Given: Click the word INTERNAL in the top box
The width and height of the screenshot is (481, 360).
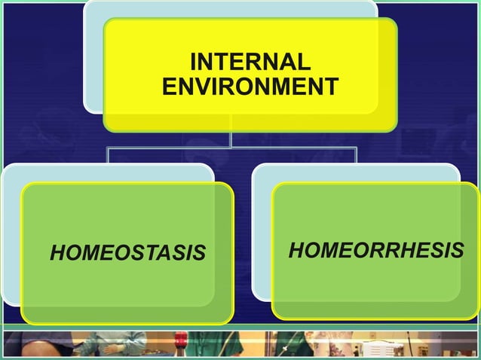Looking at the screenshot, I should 250,61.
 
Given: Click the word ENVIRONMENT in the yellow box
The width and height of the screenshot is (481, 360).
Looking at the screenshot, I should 250,87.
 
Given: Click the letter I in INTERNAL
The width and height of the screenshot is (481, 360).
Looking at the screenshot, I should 193,61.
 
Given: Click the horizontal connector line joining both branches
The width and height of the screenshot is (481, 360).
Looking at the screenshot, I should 231,148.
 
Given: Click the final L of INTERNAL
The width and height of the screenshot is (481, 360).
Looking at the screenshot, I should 304,61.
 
